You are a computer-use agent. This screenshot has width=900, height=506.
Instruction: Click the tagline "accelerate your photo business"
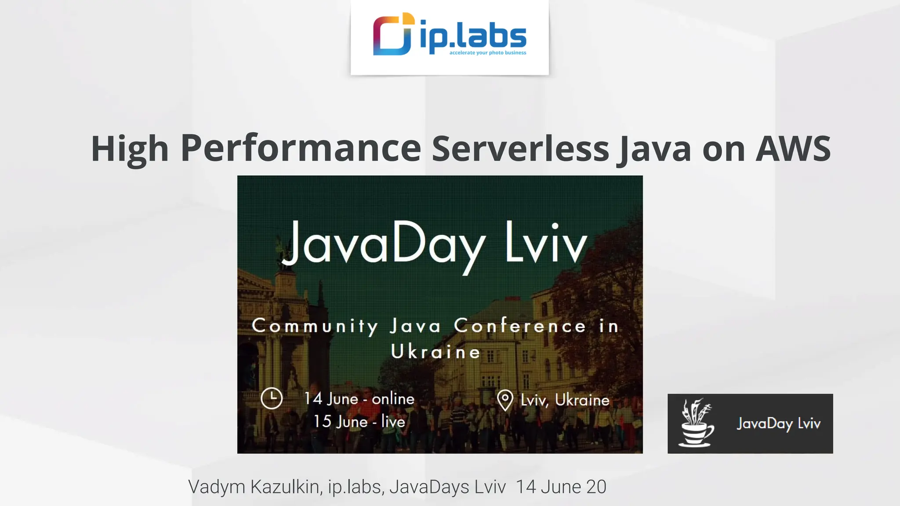pyautogui.click(x=487, y=53)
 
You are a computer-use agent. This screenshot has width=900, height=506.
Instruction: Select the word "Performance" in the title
pyautogui.click(x=301, y=148)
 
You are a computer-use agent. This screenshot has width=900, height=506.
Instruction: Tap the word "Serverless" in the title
pyautogui.click(x=520, y=148)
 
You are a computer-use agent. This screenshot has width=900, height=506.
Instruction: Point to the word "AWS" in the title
pyautogui.click(x=793, y=148)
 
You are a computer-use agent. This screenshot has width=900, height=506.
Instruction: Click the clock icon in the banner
pyautogui.click(x=272, y=398)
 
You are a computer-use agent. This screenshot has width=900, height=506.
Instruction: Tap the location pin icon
pyautogui.click(x=505, y=400)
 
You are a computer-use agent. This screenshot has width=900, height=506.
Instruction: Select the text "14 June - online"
pyautogui.click(x=359, y=399)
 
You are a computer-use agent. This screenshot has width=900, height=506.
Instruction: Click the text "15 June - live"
pyautogui.click(x=359, y=422)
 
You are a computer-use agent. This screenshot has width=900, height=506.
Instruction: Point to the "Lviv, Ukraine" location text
pyautogui.click(x=565, y=400)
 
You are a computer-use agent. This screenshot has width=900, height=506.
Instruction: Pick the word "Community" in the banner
pyautogui.click(x=315, y=326)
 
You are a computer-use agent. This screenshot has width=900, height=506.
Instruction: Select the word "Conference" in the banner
pyautogui.click(x=520, y=326)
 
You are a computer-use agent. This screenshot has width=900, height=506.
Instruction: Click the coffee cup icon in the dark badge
pyautogui.click(x=696, y=423)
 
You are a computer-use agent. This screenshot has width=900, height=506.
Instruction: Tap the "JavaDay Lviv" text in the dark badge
pyautogui.click(x=778, y=423)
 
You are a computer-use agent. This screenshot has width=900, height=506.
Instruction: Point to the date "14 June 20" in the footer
pyautogui.click(x=561, y=487)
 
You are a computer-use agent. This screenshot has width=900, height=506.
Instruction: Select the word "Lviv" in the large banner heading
pyautogui.click(x=545, y=243)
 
